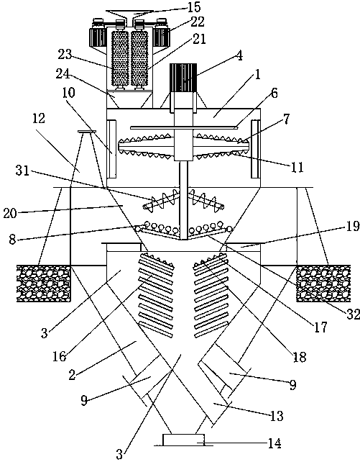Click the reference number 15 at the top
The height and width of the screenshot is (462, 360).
click(194, 6)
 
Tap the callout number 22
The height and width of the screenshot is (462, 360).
click(198, 22)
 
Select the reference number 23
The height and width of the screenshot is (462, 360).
click(65, 54)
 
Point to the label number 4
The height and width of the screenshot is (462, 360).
click(240, 55)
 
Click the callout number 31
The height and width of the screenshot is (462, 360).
click(23, 170)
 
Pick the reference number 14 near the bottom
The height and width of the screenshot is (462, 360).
click(274, 443)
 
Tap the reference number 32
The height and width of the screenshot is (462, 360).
click(353, 314)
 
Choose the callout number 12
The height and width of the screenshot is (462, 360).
click(39, 118)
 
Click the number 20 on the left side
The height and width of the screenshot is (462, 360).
click(10, 213)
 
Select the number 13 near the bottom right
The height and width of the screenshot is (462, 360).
click(277, 416)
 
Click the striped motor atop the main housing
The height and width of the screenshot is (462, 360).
click(183, 78)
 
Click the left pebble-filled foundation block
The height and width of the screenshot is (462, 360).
click(44, 283)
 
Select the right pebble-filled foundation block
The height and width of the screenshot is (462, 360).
click(323, 283)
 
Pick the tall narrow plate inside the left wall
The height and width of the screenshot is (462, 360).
click(112, 149)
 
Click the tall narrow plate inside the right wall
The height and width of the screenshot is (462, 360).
click(255, 149)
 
